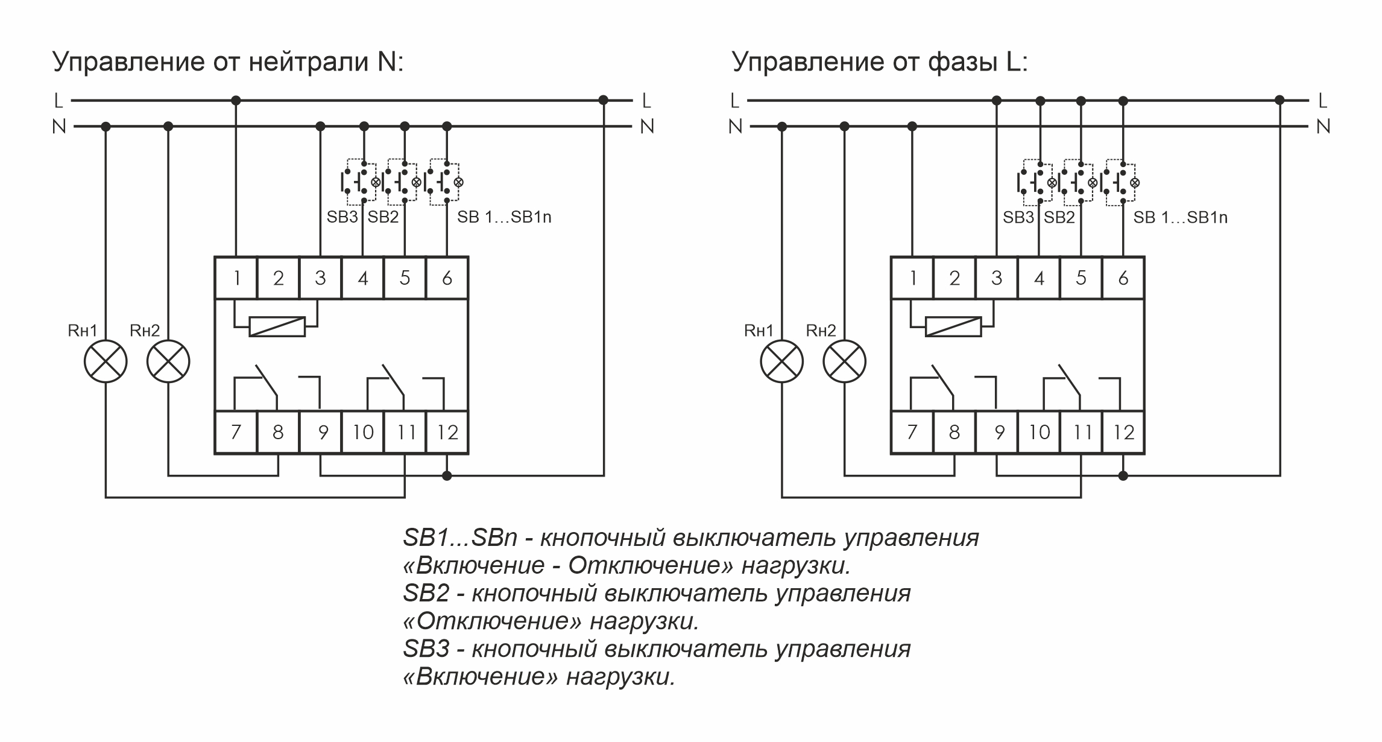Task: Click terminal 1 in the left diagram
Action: pos(236,278)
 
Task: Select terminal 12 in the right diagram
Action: pos(1123,433)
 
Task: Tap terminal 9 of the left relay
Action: pos(321,433)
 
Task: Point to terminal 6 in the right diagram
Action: pos(1123,278)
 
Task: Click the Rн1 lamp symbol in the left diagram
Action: pos(106,361)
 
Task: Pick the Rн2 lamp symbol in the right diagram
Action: pos(844,361)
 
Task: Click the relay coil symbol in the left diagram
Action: pos(277,326)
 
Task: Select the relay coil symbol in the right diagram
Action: pos(954,326)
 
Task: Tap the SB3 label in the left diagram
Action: pos(342,217)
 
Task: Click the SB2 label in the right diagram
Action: pos(1059,217)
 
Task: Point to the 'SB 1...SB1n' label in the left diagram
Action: pos(504,217)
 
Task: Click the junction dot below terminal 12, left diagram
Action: pos(447,475)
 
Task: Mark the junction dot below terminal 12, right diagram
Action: pos(1123,475)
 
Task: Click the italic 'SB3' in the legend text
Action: pos(426,649)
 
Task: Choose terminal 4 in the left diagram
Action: pos(363,278)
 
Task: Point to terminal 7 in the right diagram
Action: pos(912,433)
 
